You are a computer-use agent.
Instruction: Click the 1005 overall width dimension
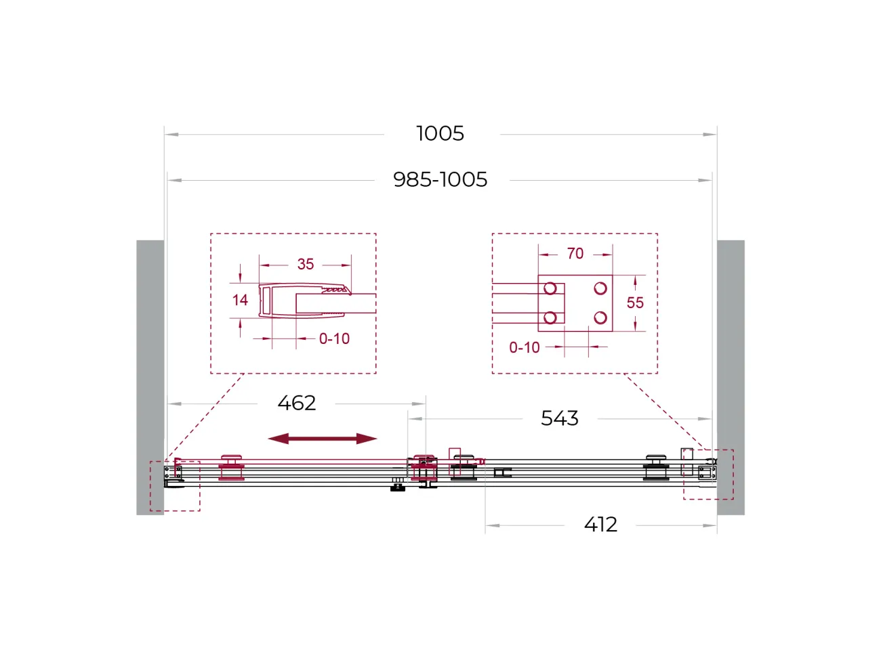[440, 133]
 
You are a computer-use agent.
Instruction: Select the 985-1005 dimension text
[440, 179]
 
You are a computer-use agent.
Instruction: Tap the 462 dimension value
[297, 403]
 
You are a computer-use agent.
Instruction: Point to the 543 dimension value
[560, 418]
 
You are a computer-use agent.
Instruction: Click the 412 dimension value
[600, 525]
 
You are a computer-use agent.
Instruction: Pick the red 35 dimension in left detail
[306, 264]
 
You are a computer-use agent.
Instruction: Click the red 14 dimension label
[240, 300]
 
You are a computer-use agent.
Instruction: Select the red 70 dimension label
[575, 254]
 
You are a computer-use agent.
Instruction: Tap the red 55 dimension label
[635, 303]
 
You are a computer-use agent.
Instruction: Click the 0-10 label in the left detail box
[334, 339]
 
